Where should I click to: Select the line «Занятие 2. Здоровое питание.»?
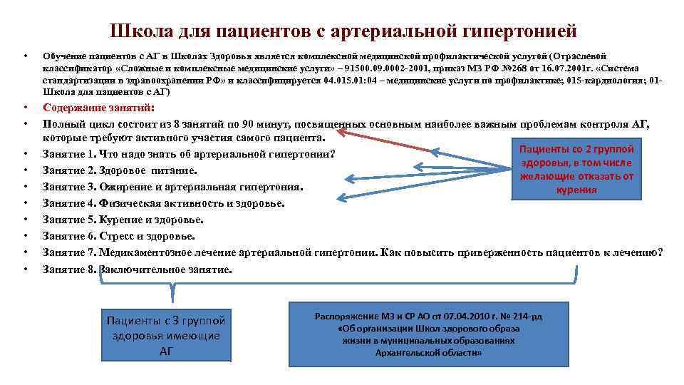[x=119, y=171]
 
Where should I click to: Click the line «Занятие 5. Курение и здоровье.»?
[x=123, y=220]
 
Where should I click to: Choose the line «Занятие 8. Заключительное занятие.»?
[x=137, y=269]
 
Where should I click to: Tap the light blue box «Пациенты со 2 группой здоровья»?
[x=576, y=169]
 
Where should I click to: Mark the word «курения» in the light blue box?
[x=576, y=190]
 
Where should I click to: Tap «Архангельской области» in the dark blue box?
[x=429, y=353]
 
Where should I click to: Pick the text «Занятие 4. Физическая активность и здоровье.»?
[x=163, y=203]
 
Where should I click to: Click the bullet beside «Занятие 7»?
[x=25, y=253]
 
